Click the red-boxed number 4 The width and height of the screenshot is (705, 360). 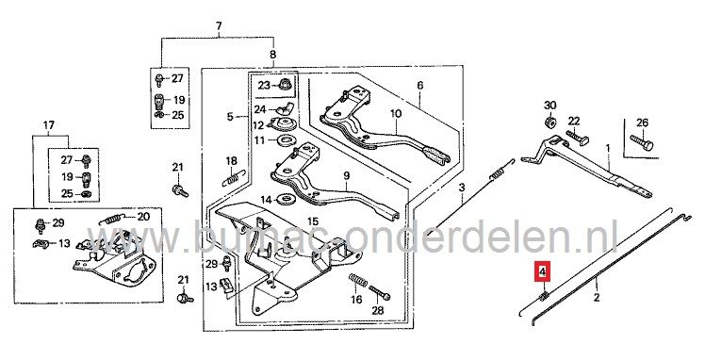point(542,273)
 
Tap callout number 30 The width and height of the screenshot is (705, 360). point(551,105)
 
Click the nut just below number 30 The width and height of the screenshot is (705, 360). point(548,123)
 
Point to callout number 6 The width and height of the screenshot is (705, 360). point(421,86)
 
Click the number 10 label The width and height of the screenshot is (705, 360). point(397,115)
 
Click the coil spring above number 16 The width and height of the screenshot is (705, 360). point(357,280)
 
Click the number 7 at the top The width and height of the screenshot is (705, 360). point(218,24)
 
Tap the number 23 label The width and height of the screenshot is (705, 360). point(264,86)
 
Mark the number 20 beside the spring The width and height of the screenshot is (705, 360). point(143,217)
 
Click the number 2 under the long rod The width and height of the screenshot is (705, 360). point(596,297)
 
